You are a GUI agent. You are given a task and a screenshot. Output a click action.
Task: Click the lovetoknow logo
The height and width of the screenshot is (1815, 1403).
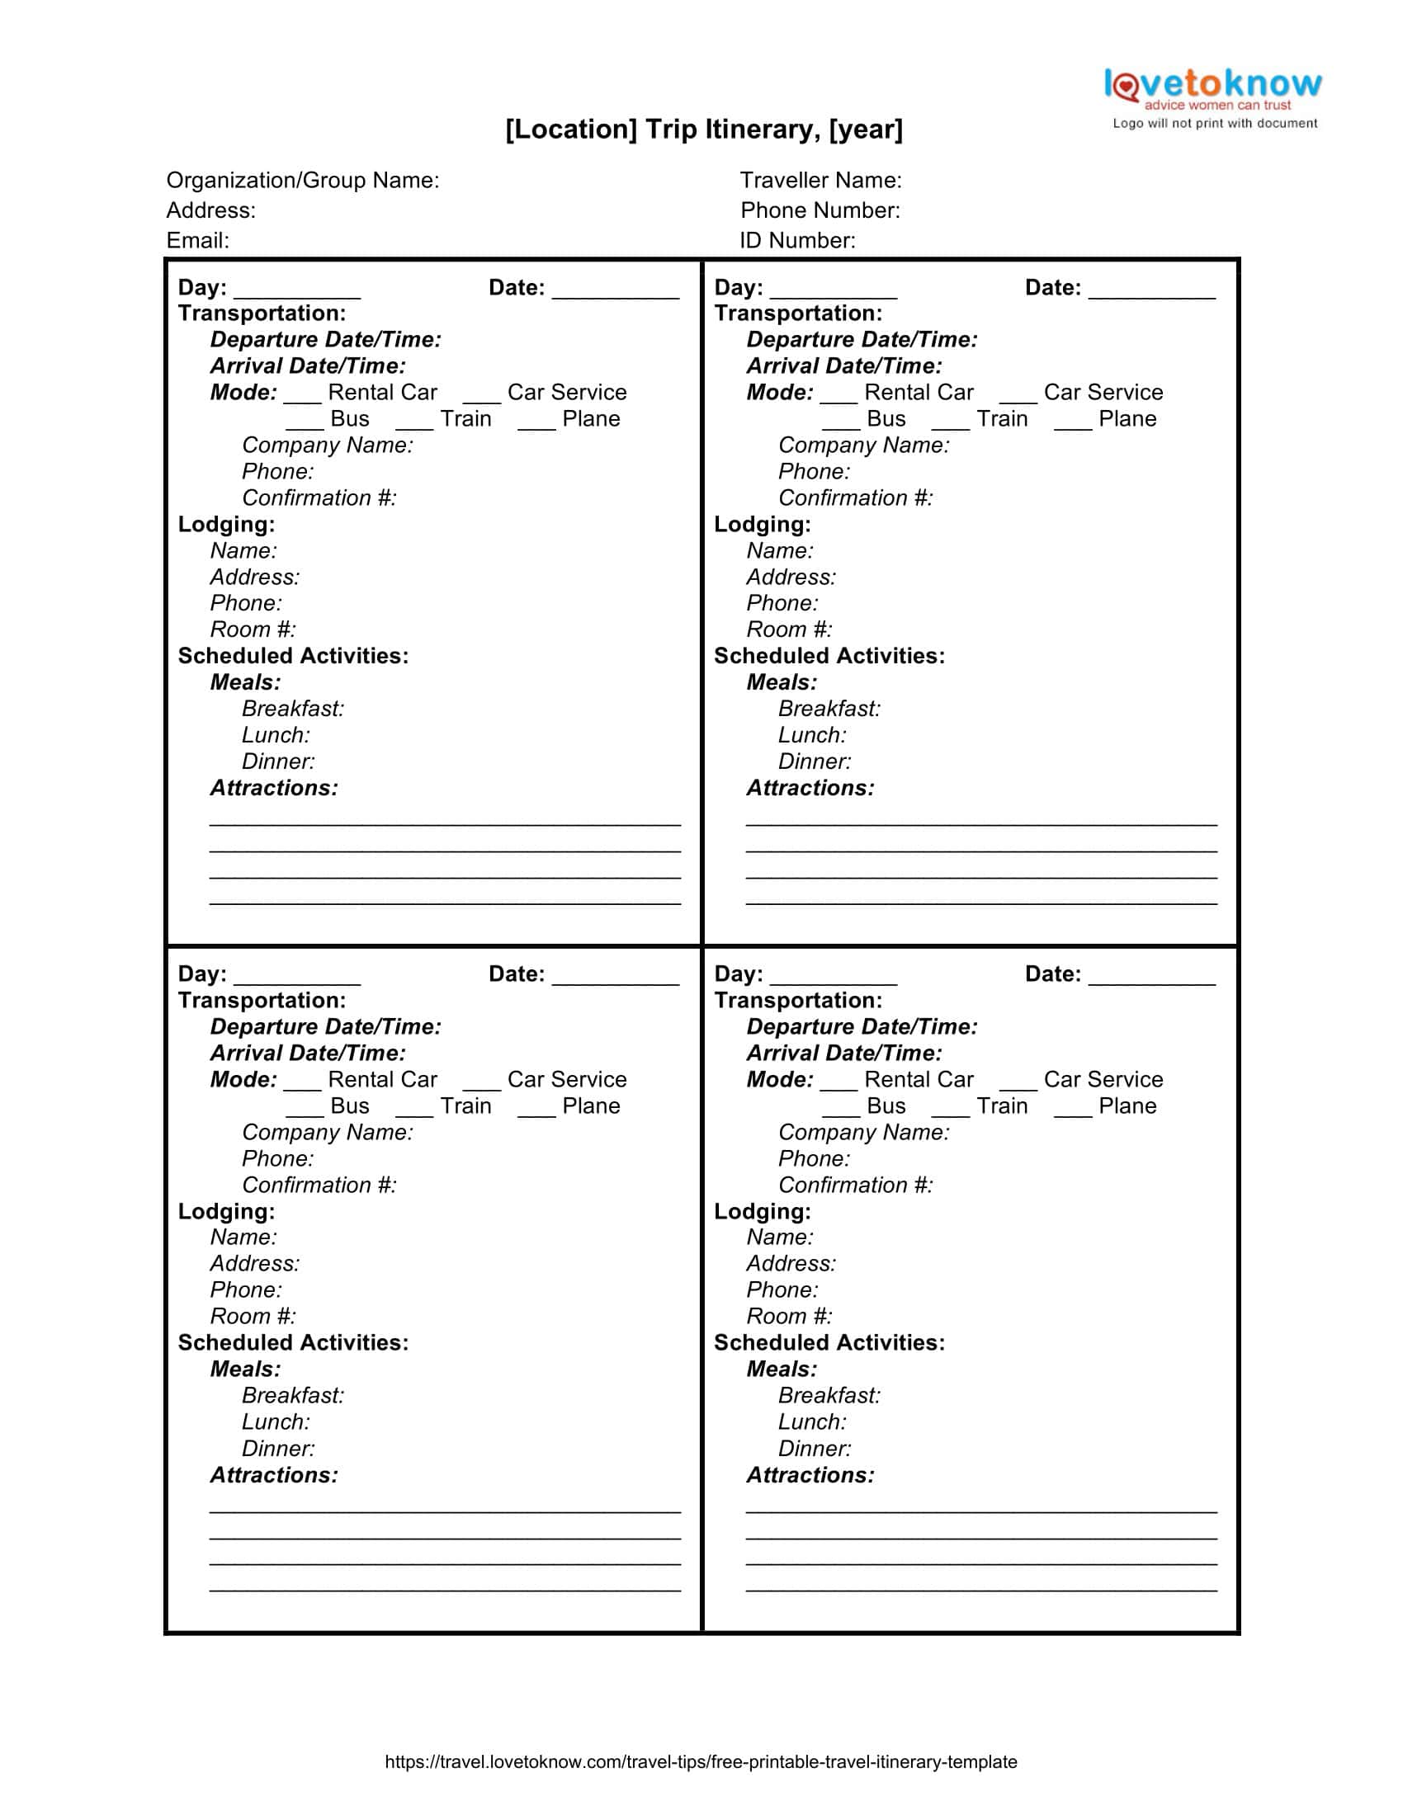(x=1212, y=87)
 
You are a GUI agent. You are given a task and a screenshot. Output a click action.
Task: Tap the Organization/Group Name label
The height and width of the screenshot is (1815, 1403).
(x=303, y=181)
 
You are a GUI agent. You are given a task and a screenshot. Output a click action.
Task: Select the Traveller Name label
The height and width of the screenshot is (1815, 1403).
(x=820, y=181)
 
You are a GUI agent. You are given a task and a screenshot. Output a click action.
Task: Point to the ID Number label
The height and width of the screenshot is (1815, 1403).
(x=797, y=240)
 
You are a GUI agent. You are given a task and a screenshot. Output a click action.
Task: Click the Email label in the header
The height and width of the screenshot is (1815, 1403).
(x=198, y=240)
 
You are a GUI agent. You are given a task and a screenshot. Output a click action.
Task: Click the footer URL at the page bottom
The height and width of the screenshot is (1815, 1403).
(x=701, y=1762)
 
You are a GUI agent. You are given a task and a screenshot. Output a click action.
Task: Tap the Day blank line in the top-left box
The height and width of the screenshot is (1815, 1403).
(x=298, y=295)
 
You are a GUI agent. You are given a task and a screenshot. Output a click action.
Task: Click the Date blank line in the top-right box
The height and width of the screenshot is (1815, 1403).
(x=1152, y=295)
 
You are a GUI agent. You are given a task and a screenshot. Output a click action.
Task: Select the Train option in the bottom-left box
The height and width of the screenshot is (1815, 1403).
(x=465, y=1106)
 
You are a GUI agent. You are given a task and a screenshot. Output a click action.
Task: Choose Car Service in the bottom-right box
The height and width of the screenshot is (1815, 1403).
(x=1103, y=1080)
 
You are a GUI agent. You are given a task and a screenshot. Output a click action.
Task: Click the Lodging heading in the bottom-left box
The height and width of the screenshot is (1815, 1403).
(x=226, y=1212)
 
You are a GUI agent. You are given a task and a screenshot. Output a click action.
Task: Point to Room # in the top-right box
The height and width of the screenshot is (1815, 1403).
(x=789, y=630)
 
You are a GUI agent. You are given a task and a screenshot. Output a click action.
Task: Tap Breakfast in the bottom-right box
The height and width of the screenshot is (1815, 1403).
(x=829, y=1395)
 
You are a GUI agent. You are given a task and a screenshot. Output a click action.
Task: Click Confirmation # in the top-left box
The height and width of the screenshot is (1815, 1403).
(x=319, y=497)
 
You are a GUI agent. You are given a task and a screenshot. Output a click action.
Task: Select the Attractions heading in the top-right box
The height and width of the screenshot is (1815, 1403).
(x=810, y=788)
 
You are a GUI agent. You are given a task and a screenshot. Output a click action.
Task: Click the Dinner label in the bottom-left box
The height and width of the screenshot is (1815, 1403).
(x=278, y=1449)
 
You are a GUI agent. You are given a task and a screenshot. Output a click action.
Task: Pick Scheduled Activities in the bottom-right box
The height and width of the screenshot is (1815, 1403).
(x=829, y=1343)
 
